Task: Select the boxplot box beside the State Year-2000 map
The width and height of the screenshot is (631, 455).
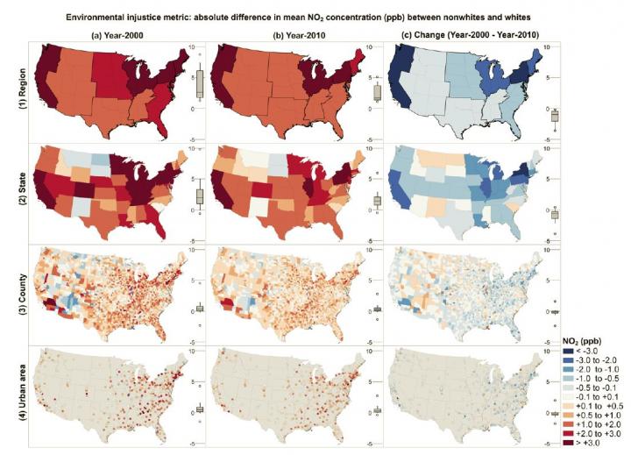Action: click(199, 196)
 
